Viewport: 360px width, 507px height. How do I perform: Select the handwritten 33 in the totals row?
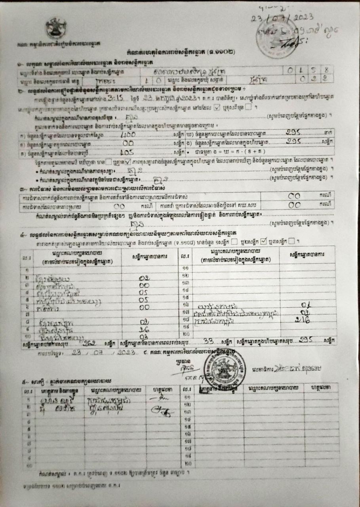tap(208, 341)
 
